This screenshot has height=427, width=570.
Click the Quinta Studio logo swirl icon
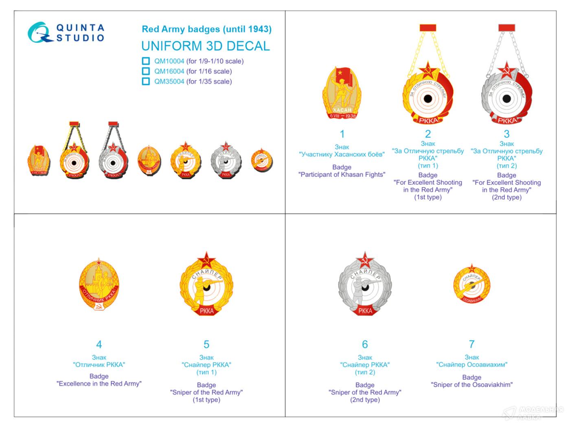pos(40,33)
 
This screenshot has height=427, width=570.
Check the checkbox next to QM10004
pos(146,61)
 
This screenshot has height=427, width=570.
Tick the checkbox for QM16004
pos(146,71)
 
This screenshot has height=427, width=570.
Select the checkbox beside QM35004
pos(146,81)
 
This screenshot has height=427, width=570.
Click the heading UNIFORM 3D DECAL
pos(206,46)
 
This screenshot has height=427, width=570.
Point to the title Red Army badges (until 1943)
pos(206,29)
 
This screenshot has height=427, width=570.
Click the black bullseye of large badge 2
pos(428,98)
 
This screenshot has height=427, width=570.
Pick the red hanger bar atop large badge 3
pos(506,28)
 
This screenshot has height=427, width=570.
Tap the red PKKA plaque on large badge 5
pos(207,311)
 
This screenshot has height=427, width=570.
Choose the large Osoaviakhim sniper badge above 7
pos(471,285)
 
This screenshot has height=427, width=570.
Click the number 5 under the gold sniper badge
pos(206,344)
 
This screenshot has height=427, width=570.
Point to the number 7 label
pos(471,344)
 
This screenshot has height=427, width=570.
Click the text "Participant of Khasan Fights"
pos(342,174)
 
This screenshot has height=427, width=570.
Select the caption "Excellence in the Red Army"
pos(99,383)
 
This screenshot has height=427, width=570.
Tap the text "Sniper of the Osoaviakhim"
pos(471,385)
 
